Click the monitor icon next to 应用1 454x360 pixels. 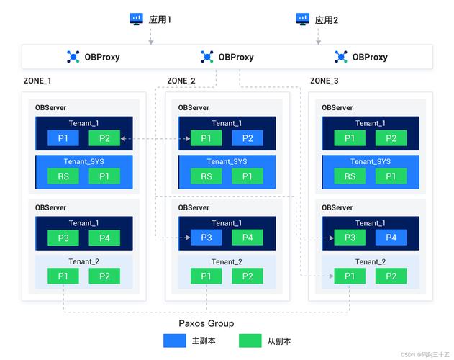click(136, 19)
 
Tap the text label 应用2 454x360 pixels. click(326, 19)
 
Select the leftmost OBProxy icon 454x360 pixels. click(73, 57)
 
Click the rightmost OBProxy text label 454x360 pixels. click(370, 57)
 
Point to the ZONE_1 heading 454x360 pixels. click(37, 81)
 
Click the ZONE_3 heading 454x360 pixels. click(324, 81)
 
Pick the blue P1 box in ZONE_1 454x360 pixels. click(63, 138)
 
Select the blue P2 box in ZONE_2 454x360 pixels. click(248, 138)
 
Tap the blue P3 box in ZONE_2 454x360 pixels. click(206, 238)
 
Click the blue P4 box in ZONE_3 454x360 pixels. click(391, 238)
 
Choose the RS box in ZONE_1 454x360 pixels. click(63, 176)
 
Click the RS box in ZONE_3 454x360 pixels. click(350, 176)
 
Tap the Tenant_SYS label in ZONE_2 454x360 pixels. click(227, 161)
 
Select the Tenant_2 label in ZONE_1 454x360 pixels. click(83, 261)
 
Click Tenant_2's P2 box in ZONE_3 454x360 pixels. click(391, 276)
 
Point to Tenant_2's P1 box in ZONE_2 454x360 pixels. click(206, 276)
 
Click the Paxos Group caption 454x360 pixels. click(206, 324)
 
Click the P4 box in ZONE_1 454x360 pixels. click(104, 238)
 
